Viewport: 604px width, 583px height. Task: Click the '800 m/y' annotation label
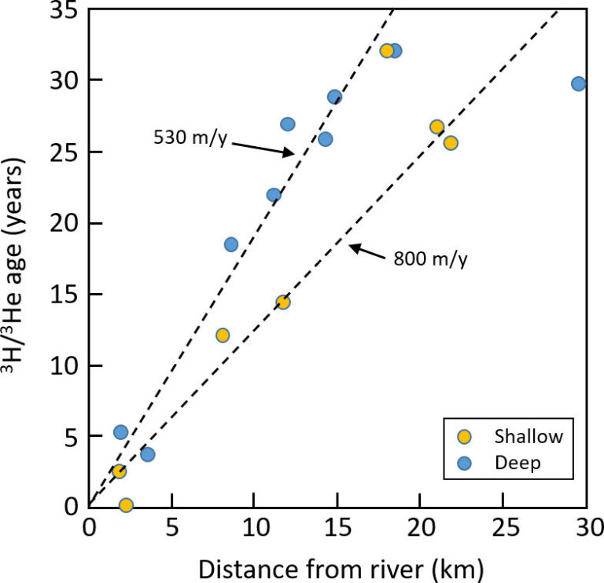tap(430, 258)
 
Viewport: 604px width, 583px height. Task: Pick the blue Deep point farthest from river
tap(578, 84)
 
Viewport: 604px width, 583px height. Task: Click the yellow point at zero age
tap(126, 504)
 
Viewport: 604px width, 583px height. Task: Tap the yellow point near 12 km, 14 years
tap(283, 302)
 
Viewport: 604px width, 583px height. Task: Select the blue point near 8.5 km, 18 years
tap(230, 244)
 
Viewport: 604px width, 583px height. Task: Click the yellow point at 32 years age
tap(386, 51)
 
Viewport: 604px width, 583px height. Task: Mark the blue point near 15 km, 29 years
tap(334, 97)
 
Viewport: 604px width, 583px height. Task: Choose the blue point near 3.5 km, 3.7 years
tap(147, 454)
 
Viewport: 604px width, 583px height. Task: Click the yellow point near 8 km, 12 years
tap(223, 335)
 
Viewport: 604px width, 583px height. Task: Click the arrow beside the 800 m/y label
tap(367, 251)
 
